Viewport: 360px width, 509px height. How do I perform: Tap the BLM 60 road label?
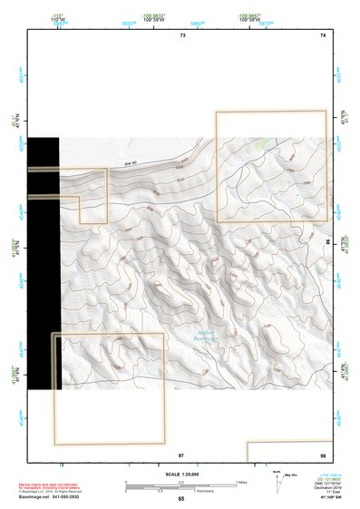(131, 163)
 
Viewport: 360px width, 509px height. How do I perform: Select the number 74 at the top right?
(323, 34)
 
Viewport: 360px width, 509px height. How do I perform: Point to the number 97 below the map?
(181, 454)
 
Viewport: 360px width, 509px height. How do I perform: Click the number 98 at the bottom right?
(323, 454)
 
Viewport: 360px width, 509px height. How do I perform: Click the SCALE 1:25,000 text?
(182, 474)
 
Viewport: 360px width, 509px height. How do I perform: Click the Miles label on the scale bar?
(240, 482)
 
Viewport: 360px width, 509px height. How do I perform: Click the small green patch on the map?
(262, 142)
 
